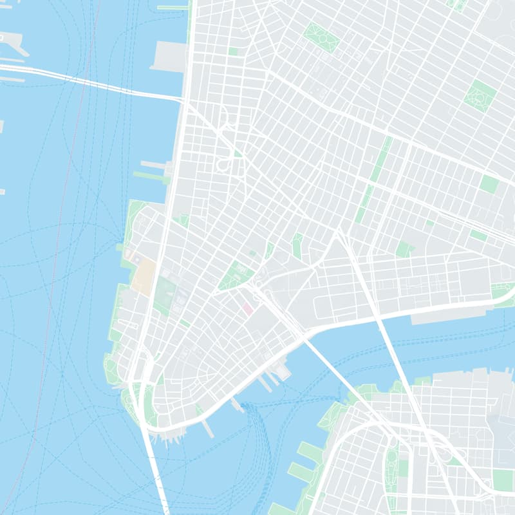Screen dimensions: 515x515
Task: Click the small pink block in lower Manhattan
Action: [x=247, y=310]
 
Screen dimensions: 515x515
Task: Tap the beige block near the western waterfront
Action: [x=143, y=277]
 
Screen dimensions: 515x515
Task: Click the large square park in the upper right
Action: [x=480, y=96]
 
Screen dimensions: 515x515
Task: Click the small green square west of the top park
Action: [x=232, y=51]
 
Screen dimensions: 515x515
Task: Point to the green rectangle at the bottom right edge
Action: [x=503, y=480]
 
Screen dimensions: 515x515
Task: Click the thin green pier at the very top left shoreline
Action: [x=173, y=8]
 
